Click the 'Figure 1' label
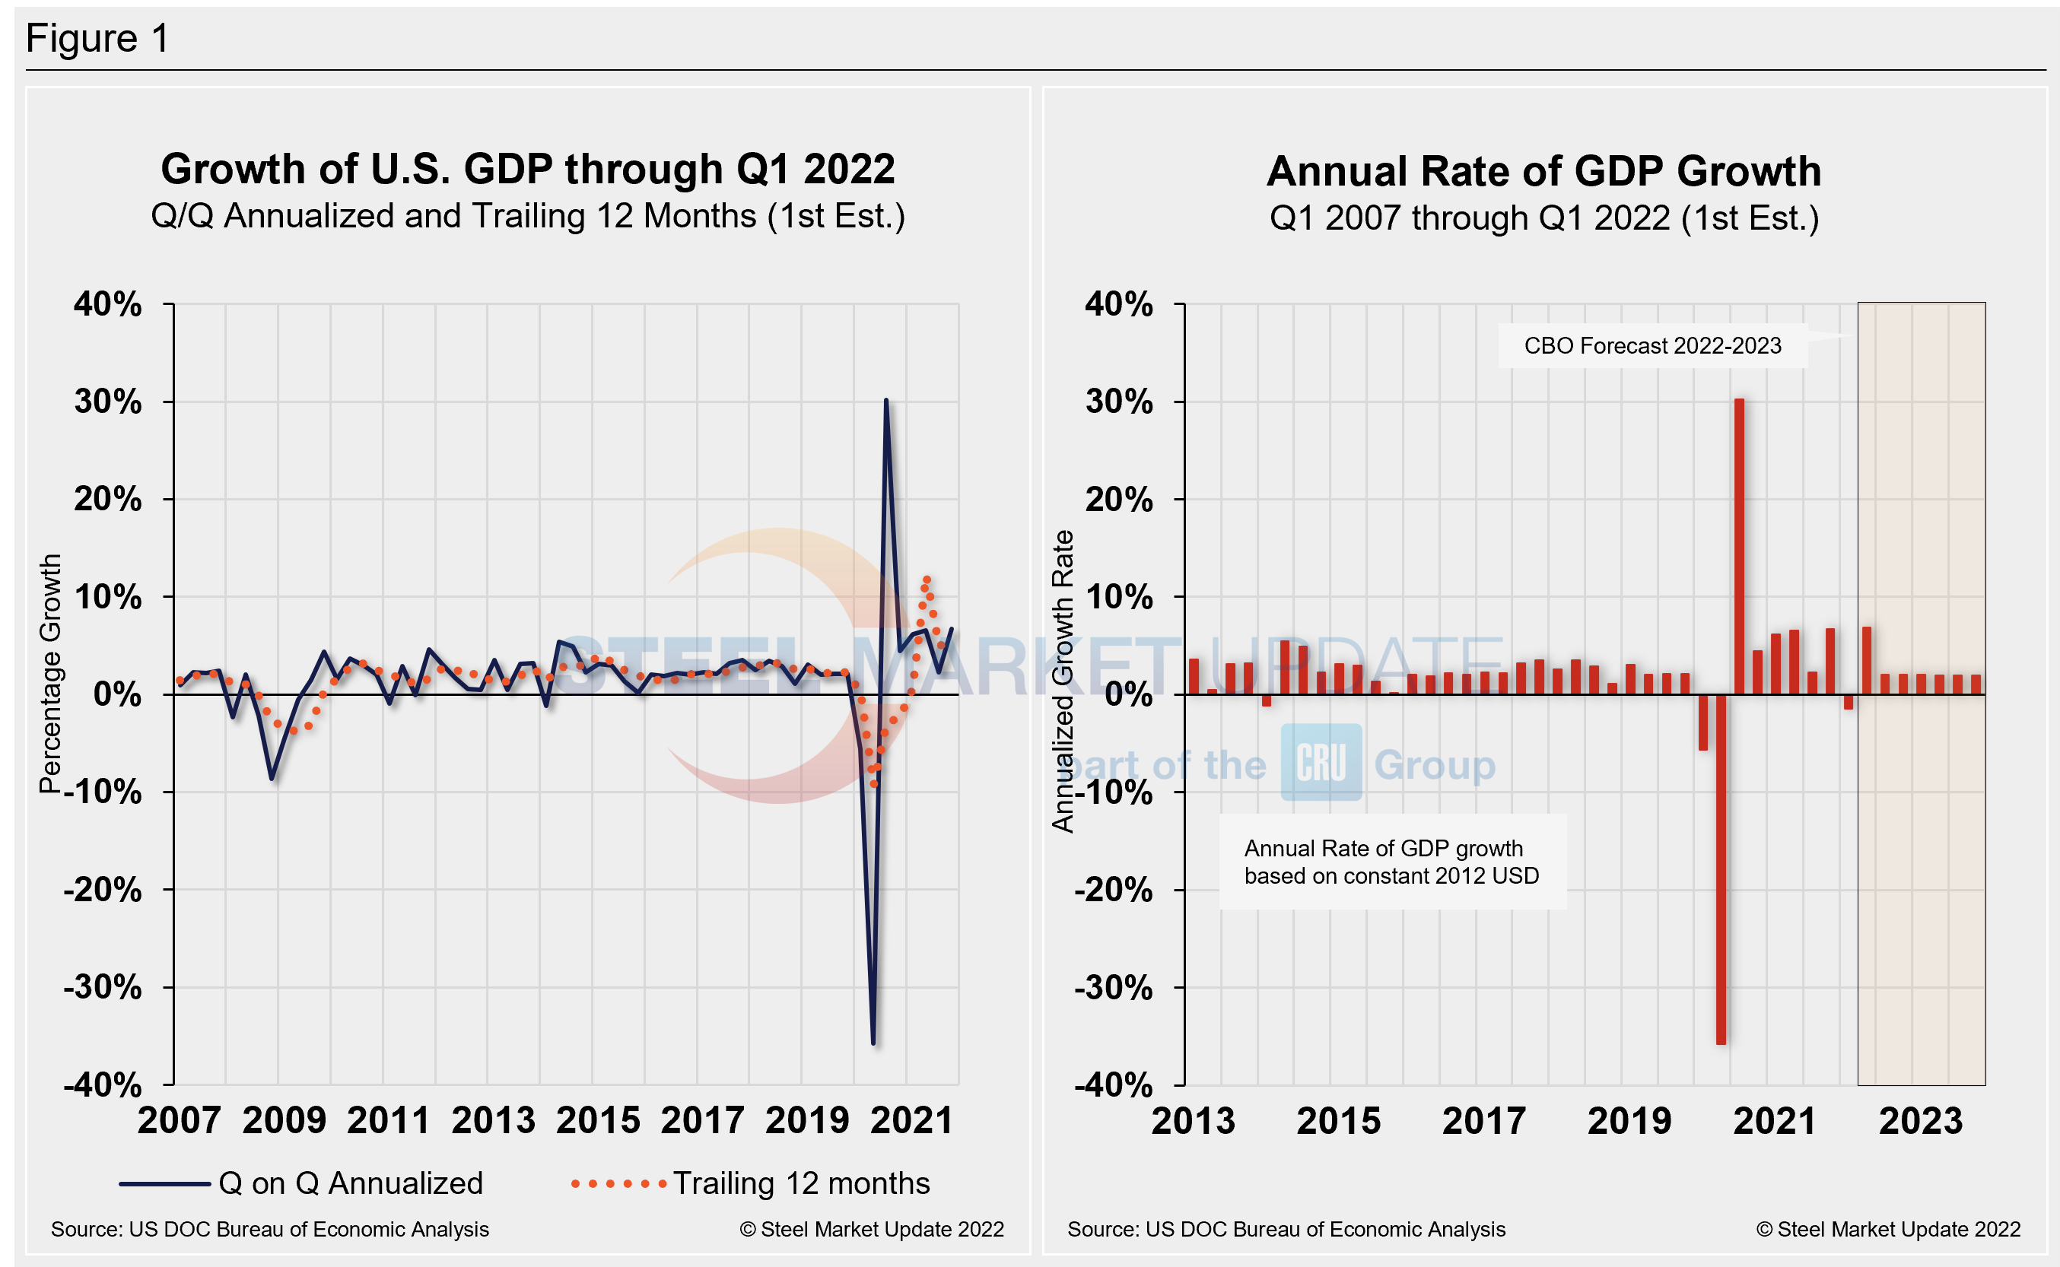[x=97, y=39]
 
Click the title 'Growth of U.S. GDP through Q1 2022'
[x=527, y=170]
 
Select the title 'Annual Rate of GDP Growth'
[x=1543, y=172]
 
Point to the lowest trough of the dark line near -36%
[x=873, y=1042]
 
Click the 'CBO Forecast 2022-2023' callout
[x=1651, y=346]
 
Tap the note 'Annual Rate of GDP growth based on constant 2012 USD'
[x=1391, y=862]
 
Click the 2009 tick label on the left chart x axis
[x=283, y=1120]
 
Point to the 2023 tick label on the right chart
[x=1920, y=1120]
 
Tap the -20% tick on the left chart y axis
[x=103, y=889]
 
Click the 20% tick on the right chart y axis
[x=1118, y=500]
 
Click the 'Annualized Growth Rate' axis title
[x=1062, y=681]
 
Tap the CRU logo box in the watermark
[x=1320, y=763]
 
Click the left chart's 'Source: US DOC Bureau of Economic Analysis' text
[x=270, y=1229]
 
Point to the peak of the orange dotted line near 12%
[x=926, y=579]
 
